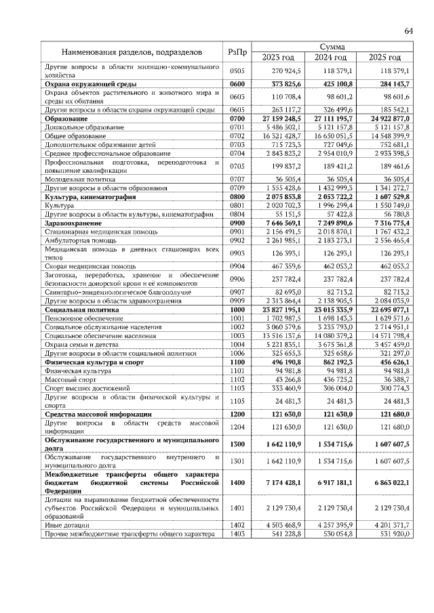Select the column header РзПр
point(237,52)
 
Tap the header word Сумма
point(332,47)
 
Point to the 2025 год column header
point(384,57)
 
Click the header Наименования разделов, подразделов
point(131,52)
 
